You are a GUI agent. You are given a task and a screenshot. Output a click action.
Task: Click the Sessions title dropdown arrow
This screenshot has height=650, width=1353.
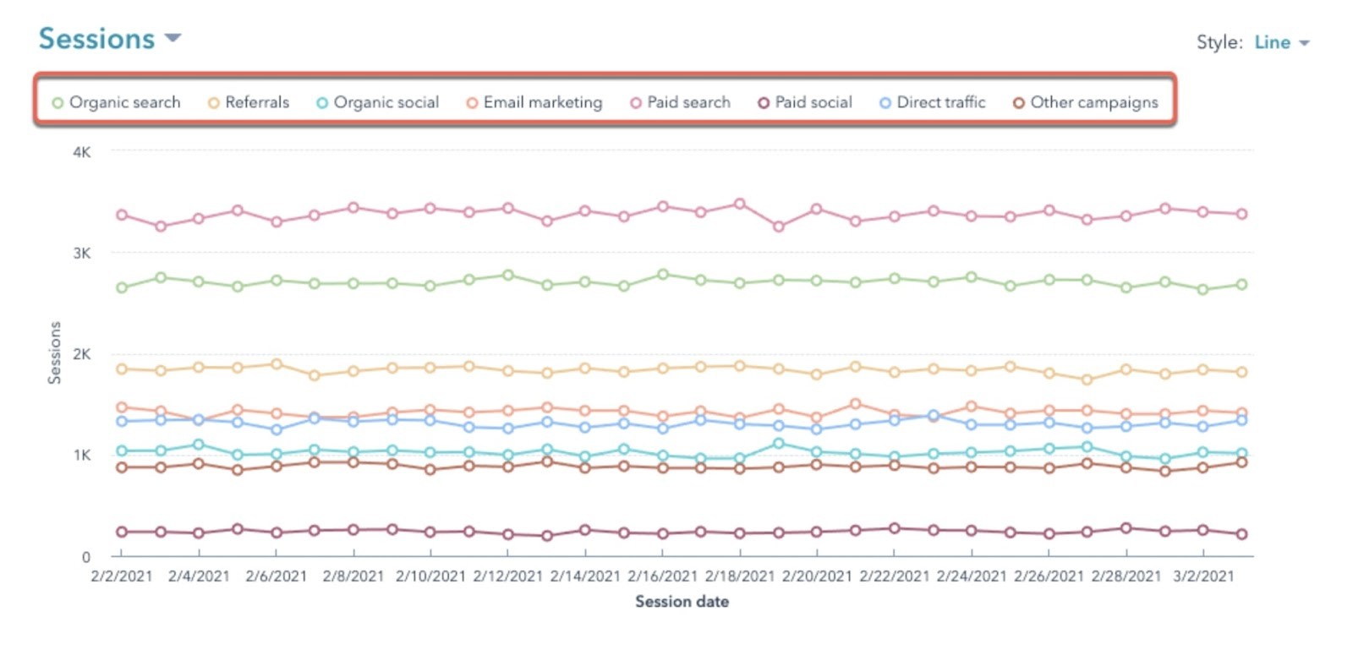173,39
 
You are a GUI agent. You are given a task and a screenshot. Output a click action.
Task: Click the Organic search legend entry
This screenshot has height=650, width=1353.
116,102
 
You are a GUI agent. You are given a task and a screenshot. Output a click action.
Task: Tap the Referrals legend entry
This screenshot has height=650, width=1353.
249,102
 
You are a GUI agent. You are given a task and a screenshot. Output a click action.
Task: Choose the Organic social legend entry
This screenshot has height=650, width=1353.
377,102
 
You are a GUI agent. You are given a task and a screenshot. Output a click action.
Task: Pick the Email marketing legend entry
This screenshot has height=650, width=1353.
534,102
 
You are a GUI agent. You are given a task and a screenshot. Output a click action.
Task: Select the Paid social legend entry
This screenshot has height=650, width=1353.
805,102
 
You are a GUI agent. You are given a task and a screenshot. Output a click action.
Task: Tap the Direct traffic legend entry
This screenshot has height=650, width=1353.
933,102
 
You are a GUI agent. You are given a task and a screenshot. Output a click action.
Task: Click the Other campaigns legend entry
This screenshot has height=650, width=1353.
1086,102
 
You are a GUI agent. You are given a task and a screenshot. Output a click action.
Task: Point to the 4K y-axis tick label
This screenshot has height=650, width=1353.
81,152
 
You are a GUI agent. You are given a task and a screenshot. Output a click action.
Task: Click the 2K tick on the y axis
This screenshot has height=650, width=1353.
81,354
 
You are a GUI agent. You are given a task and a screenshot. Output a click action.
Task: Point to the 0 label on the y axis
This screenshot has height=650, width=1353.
85,557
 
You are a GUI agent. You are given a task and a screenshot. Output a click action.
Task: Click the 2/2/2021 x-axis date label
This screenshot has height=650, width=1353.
122,576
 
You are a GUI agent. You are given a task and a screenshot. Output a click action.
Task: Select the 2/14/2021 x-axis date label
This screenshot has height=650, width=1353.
584,576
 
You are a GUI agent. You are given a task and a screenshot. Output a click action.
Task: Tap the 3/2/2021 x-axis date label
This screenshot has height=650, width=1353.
1203,576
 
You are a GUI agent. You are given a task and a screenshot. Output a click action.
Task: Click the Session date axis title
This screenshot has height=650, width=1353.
682,602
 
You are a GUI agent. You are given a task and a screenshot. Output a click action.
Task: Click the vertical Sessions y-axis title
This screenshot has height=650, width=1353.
54,352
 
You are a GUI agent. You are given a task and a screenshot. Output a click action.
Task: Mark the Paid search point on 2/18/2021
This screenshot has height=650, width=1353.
739,204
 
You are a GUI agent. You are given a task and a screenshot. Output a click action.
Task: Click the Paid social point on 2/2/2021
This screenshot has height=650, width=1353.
122,532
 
